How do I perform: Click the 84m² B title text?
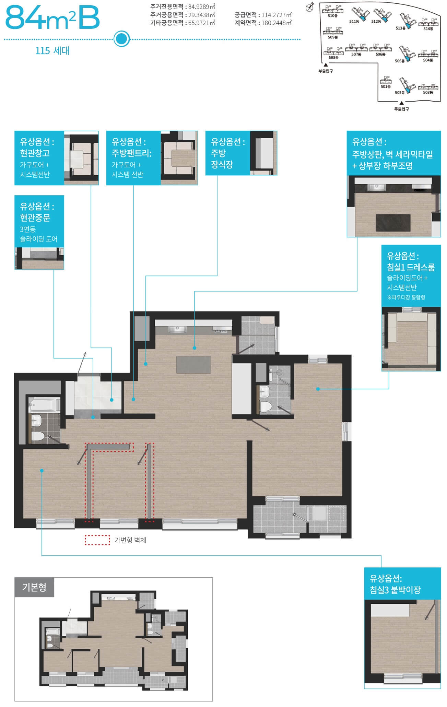pos(52,18)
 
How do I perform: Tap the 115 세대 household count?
pos(52,51)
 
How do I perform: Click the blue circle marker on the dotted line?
pos(121,39)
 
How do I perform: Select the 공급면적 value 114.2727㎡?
pos(277,15)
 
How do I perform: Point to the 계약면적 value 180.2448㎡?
pos(277,23)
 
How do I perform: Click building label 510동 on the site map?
pos(332,16)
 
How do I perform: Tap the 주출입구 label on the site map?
pos(401,109)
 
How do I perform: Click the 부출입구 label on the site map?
pos(326,71)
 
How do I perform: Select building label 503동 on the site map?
pos(428,92)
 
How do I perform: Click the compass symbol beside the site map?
pos(310,7)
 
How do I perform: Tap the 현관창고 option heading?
pos(35,153)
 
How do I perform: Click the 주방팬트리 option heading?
pos(132,153)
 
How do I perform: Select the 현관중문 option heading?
pos(35,217)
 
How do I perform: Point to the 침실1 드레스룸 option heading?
pos(411,267)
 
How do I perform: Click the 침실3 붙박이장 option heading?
pos(395,590)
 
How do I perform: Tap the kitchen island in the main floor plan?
pos(193,365)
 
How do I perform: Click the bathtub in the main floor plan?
pos(44,405)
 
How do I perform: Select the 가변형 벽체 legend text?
pos(130,540)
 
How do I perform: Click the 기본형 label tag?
pos(34,587)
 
